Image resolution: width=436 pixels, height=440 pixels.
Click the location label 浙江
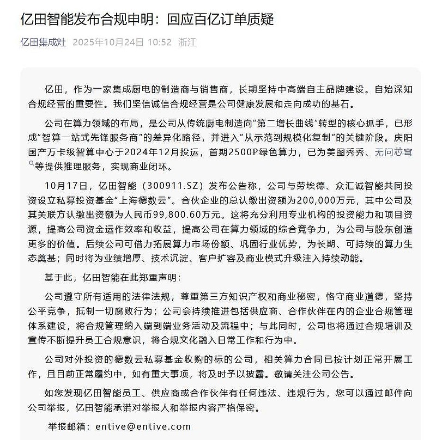[187, 42]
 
